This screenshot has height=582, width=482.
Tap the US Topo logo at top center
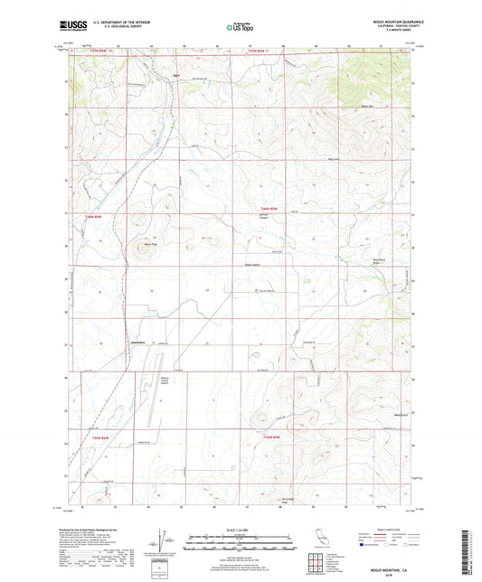click(x=241, y=28)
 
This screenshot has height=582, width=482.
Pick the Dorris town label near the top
click(x=176, y=76)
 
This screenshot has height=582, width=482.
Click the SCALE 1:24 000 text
click(x=241, y=529)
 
